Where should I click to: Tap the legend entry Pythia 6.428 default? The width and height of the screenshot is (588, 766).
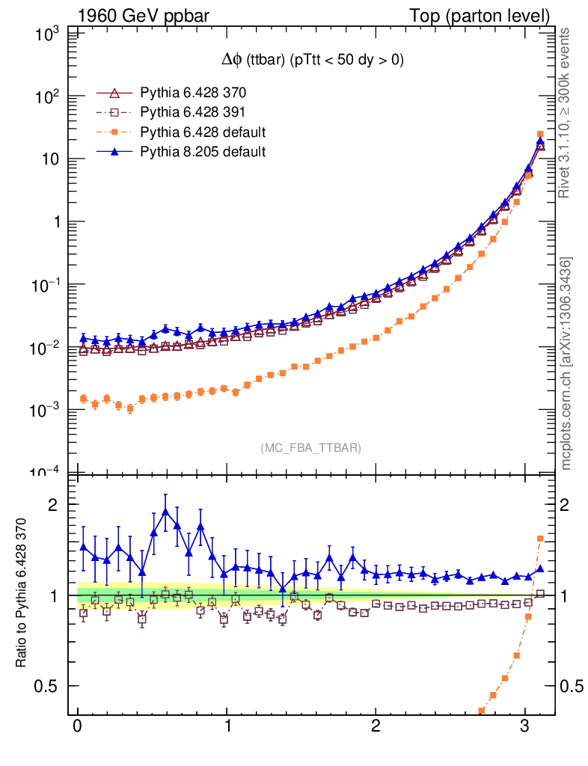(203, 132)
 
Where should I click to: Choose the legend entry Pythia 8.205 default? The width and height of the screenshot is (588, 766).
(203, 152)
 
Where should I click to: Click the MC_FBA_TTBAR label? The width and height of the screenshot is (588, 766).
(311, 448)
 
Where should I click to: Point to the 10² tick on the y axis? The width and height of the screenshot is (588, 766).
(47, 96)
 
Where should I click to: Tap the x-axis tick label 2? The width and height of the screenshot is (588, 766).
(376, 728)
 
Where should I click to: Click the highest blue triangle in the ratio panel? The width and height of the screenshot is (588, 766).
(165, 512)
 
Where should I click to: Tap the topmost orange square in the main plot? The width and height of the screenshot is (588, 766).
(540, 135)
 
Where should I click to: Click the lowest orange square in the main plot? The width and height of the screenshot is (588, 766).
(130, 408)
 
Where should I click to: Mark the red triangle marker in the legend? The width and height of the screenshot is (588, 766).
(114, 94)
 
